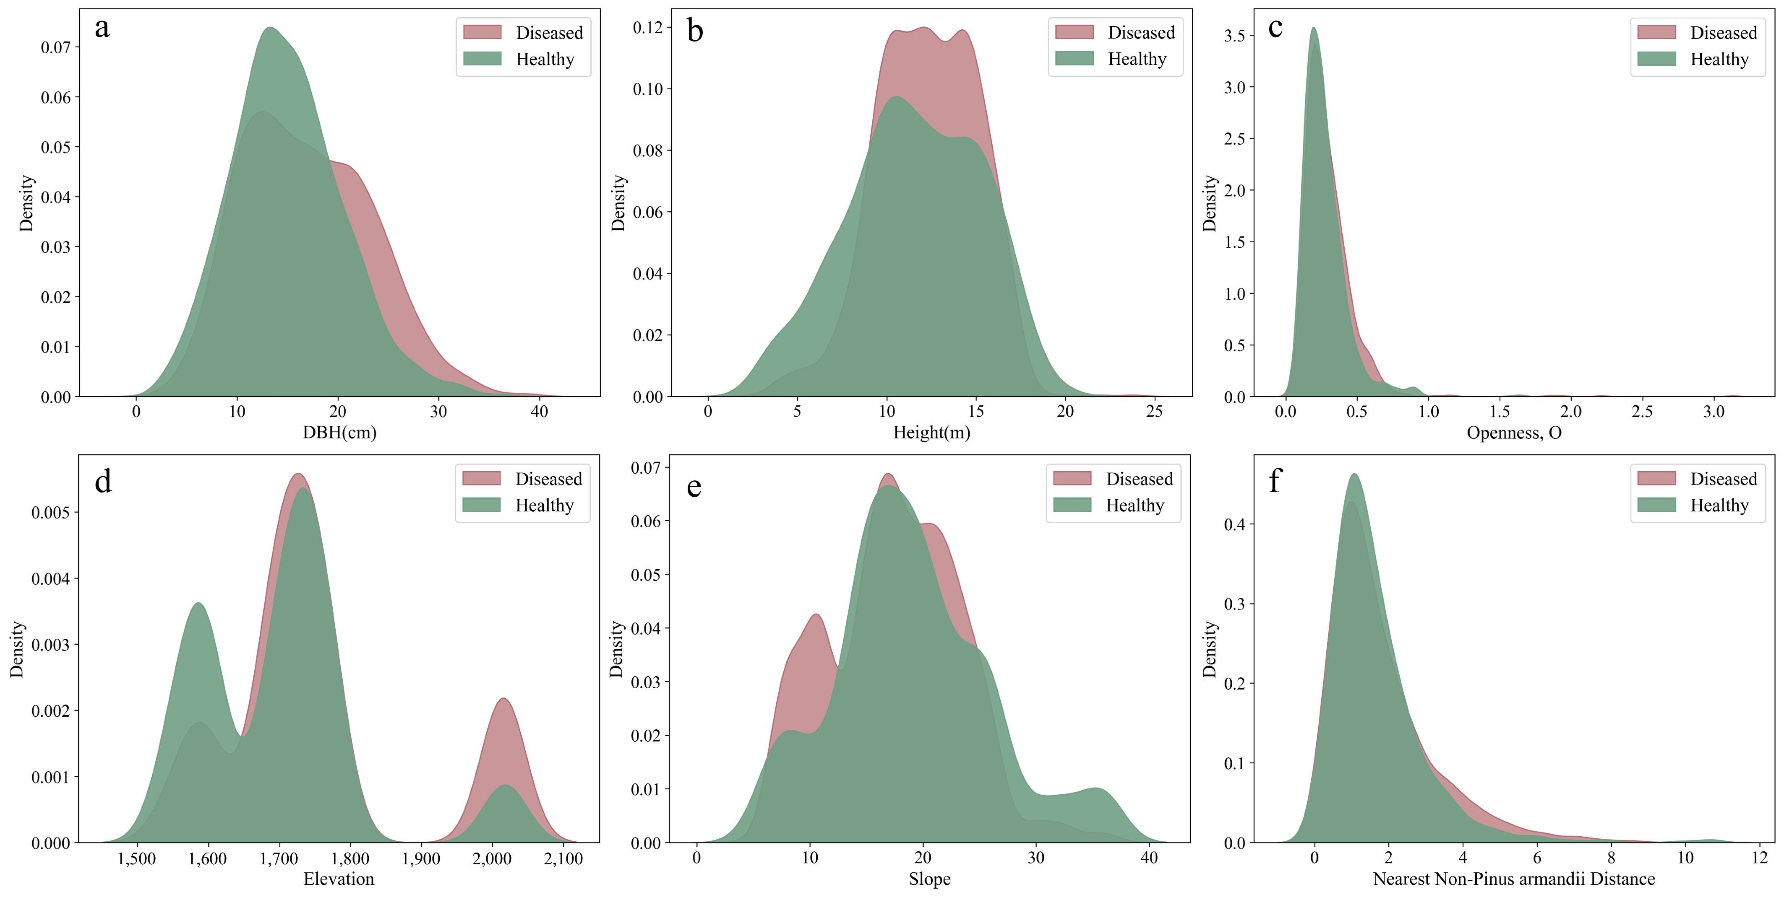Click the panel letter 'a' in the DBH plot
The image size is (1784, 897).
coord(102,29)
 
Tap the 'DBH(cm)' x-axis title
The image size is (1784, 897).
coord(339,433)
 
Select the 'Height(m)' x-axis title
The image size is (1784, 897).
coord(931,433)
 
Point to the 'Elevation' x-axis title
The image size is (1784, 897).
coord(339,879)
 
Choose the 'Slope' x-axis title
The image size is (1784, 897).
coord(929,879)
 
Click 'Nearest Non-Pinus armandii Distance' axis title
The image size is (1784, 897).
coord(1514,879)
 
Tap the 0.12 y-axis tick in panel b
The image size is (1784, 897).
coord(647,28)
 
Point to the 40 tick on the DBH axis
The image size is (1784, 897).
coord(539,412)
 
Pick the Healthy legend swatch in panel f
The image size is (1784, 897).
coord(1656,505)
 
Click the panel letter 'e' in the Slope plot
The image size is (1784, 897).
coord(694,487)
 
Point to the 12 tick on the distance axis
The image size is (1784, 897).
coord(1759,858)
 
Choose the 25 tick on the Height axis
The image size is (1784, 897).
coord(1155,412)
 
